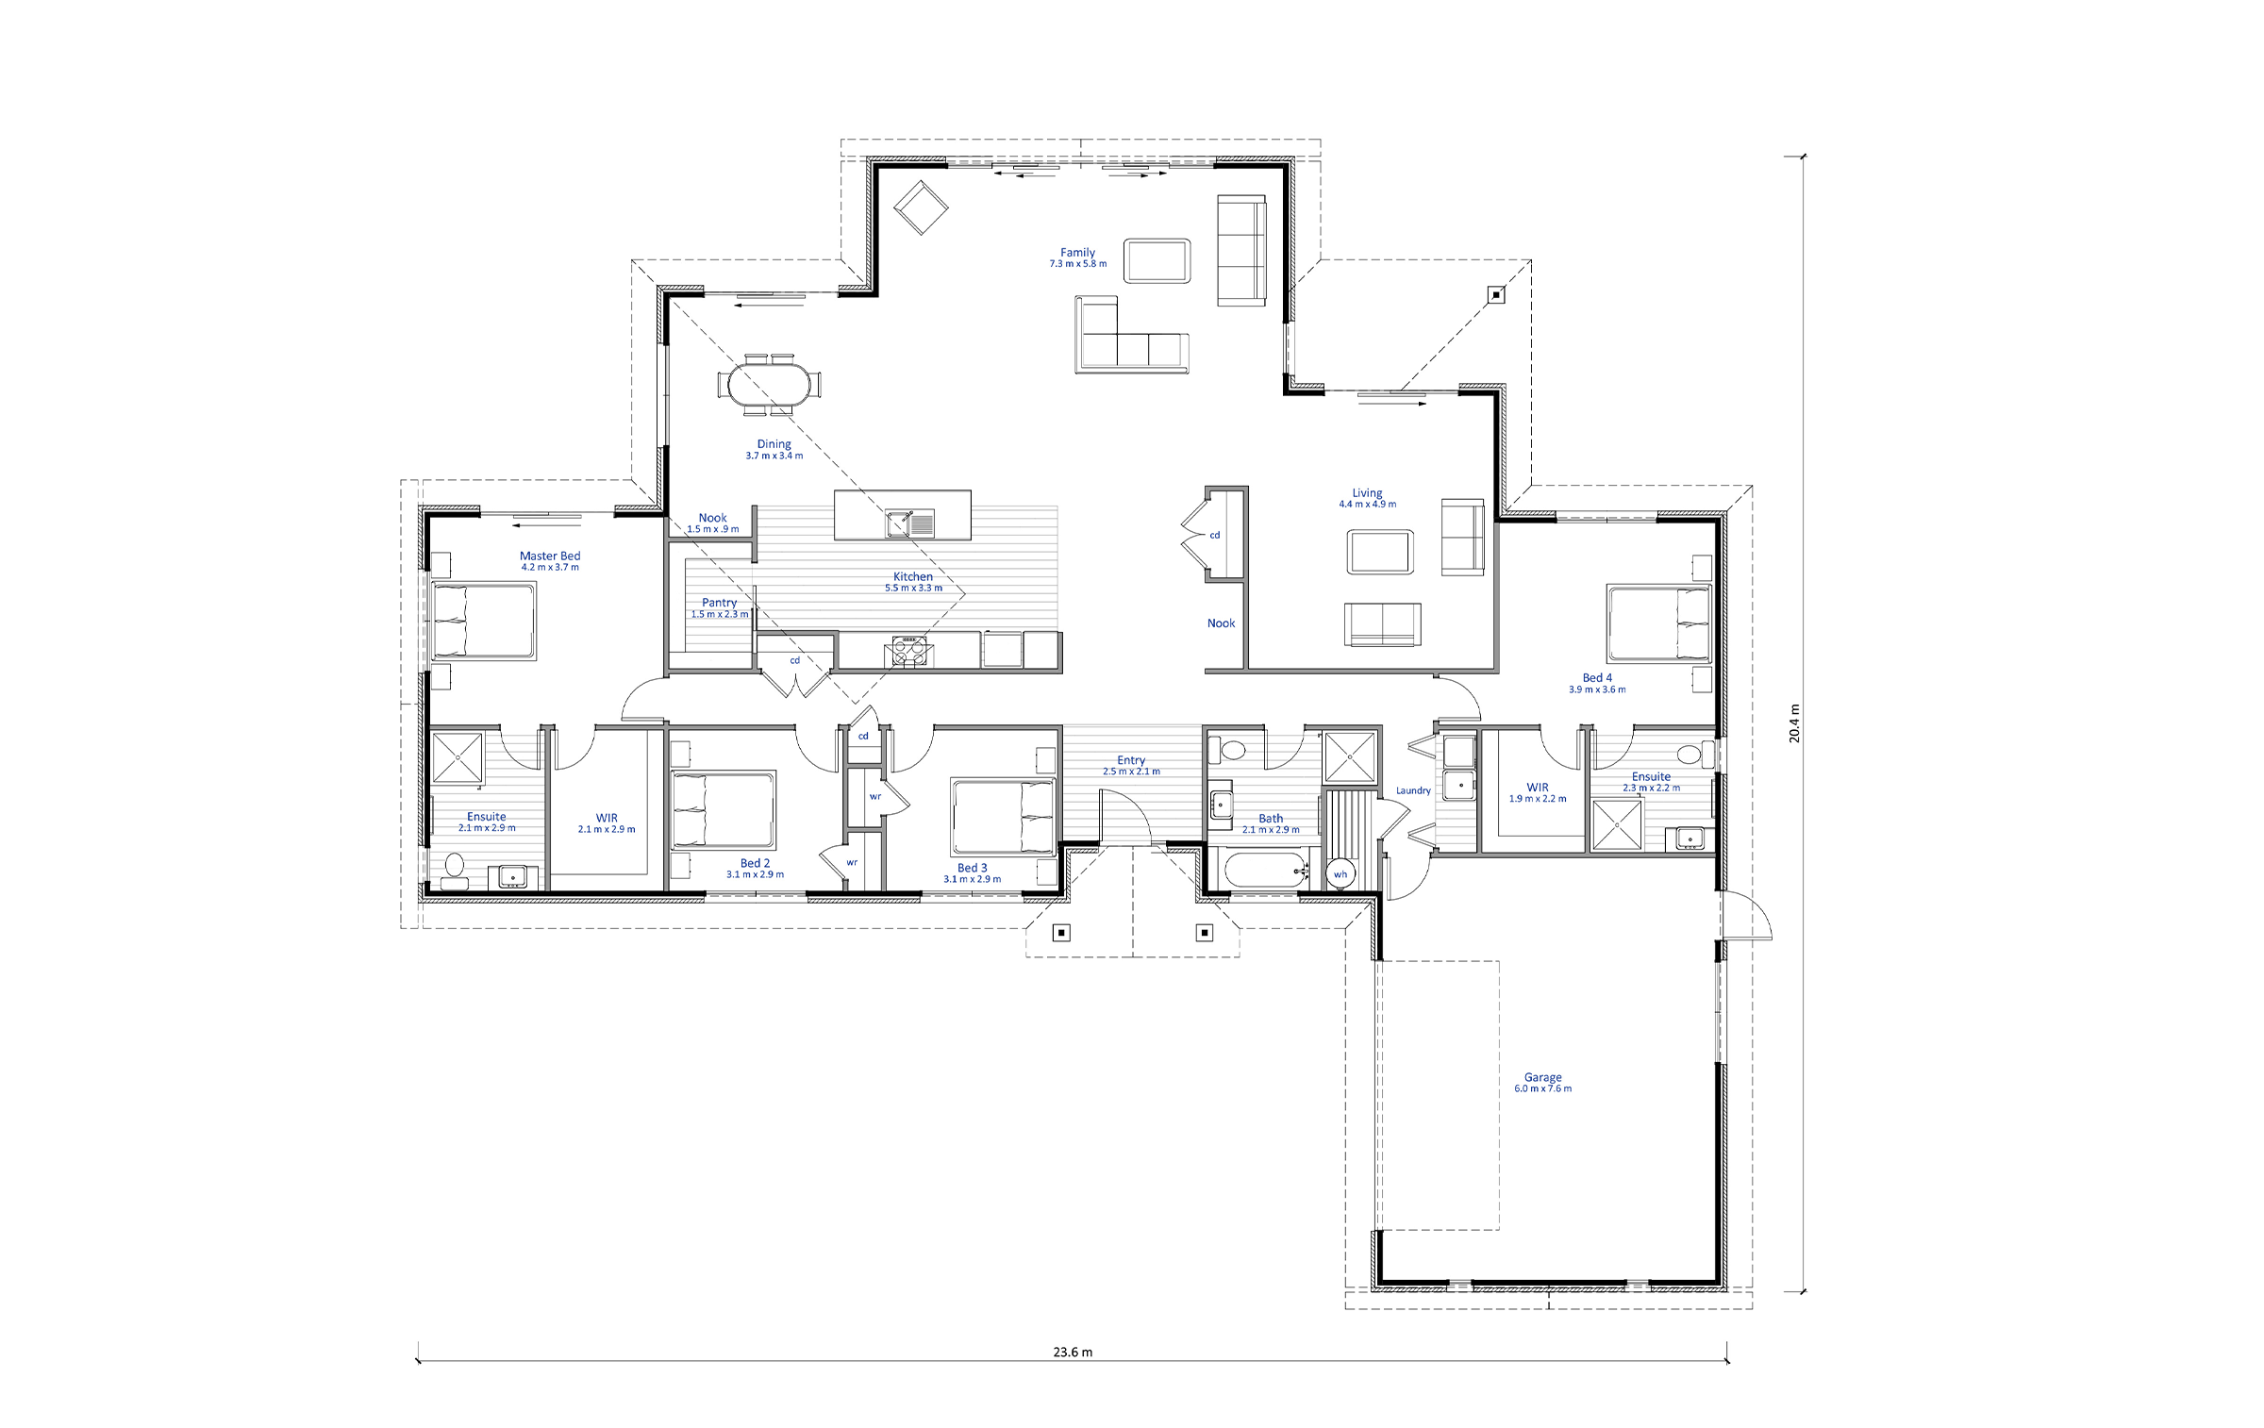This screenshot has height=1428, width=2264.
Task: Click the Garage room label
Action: coord(1542,1077)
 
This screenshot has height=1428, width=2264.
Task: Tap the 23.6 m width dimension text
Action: coord(1073,1352)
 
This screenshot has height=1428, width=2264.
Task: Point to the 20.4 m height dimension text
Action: coord(1794,723)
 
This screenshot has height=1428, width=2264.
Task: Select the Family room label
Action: coord(1077,253)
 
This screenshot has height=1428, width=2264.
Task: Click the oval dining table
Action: coord(769,385)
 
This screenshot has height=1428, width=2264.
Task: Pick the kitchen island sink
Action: coord(909,523)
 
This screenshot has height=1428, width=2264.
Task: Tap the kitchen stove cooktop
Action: coord(909,652)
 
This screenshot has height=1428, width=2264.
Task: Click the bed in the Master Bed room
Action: coord(484,621)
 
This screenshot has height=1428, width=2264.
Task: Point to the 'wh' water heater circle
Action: coord(1340,874)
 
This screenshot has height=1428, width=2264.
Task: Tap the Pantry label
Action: coord(719,603)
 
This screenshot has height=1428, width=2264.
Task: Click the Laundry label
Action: coord(1413,790)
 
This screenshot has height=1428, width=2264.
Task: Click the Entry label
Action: coord(1131,760)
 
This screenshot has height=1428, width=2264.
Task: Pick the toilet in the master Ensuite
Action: coord(455,869)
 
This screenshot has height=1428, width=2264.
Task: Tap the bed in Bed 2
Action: coord(724,810)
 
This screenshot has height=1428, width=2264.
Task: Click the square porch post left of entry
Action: coord(1061,933)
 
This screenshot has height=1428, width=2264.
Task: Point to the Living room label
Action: coord(1367,493)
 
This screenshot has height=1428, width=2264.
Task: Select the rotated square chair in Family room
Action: coord(921,208)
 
